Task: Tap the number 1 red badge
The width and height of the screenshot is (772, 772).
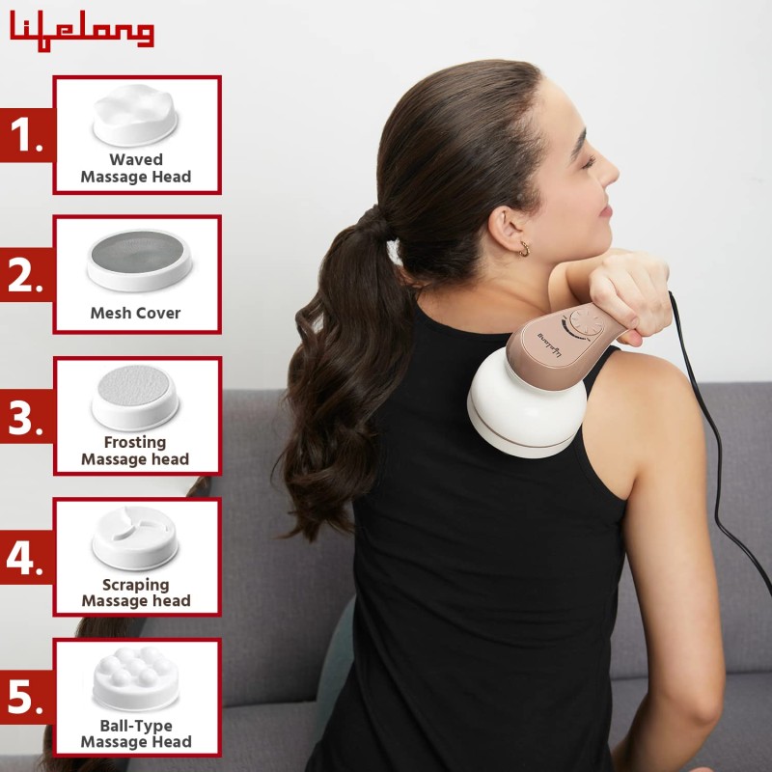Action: coord(26,136)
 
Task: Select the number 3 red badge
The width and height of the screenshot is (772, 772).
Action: coord(26,418)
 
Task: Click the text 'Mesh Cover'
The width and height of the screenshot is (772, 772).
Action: coord(135,313)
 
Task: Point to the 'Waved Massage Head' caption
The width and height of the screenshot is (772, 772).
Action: coord(135,168)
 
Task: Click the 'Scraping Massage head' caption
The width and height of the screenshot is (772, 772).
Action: coord(135,593)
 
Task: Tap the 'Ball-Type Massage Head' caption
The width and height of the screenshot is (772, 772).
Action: coord(135,733)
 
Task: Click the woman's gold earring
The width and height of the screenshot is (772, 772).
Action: coord(524,248)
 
